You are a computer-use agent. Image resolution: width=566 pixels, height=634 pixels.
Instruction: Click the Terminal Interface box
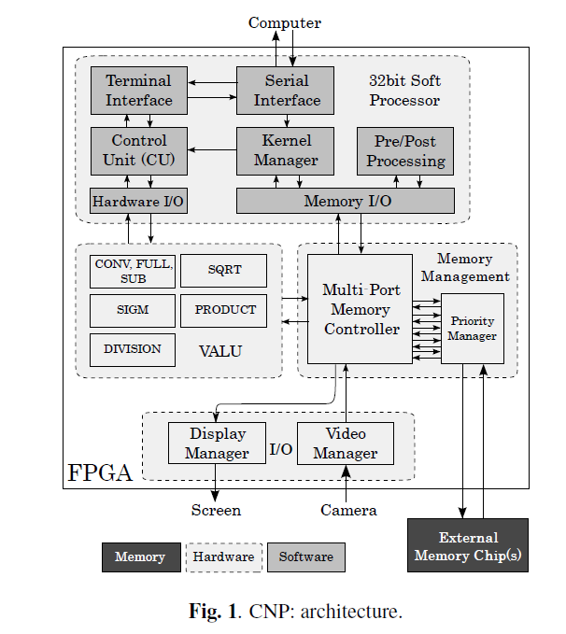[x=138, y=91]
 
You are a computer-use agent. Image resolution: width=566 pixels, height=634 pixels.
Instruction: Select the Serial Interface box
[x=286, y=91]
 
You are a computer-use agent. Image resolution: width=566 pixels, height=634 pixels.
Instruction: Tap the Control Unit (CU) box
[x=138, y=150]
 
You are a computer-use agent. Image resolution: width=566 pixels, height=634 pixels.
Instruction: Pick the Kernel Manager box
[x=286, y=150]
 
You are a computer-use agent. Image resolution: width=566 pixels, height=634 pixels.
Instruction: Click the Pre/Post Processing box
[x=404, y=150]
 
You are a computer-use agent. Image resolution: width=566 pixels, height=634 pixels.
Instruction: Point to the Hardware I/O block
[x=138, y=201]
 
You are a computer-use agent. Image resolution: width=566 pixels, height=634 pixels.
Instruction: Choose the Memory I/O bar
[x=346, y=201]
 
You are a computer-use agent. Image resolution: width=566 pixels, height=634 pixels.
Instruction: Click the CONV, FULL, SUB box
[x=133, y=271]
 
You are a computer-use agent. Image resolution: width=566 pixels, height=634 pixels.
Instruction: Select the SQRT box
[x=224, y=270]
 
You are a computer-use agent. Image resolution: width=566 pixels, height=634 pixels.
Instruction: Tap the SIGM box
[x=133, y=310]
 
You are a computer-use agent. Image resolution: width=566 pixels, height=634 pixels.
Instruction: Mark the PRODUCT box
[x=224, y=310]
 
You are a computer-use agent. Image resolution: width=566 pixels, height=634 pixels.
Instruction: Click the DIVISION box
[x=133, y=349]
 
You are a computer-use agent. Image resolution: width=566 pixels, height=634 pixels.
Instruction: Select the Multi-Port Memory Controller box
[x=361, y=309]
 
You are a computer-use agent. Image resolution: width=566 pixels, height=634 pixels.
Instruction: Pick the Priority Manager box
[x=472, y=329]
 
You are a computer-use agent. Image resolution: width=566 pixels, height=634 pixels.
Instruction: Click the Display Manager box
[x=217, y=444]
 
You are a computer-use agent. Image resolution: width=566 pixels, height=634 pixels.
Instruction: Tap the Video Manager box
[x=345, y=444]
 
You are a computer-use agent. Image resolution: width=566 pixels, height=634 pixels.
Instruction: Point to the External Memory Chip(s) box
[x=468, y=546]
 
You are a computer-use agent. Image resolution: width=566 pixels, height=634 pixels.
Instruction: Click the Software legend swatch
[x=305, y=557]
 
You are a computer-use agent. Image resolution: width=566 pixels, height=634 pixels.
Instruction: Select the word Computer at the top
[x=284, y=22]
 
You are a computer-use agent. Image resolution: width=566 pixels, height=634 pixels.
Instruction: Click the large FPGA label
[x=99, y=472]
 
